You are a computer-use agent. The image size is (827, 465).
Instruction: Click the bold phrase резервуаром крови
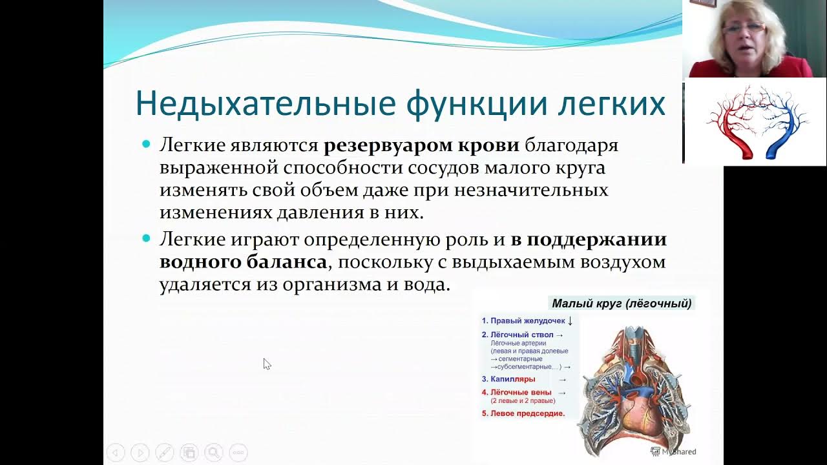[421, 145]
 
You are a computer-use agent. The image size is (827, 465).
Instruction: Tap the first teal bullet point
[146, 145]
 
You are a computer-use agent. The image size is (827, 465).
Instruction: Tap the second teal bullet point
[146, 239]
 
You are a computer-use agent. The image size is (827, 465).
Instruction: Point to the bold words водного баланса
[243, 262]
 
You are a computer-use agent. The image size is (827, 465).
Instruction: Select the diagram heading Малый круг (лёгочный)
[622, 303]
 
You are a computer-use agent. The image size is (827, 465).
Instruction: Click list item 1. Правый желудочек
[523, 320]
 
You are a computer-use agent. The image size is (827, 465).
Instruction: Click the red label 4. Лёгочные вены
[521, 392]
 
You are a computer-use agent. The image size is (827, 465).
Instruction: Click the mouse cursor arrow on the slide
[266, 364]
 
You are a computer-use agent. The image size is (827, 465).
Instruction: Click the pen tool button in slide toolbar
[164, 453]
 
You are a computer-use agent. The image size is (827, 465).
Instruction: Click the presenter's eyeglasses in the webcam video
[744, 28]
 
